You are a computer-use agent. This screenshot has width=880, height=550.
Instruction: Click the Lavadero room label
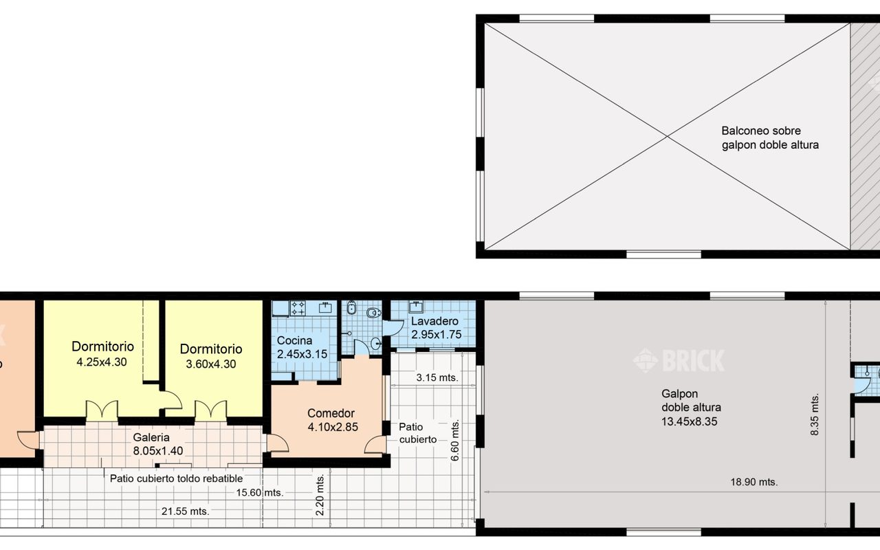coord(436,328)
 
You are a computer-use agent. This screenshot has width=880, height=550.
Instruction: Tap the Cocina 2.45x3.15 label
coord(302,347)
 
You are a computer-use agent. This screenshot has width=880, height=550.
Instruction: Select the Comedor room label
coord(332,420)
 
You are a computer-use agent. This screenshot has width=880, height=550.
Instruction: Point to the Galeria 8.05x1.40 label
coord(158,444)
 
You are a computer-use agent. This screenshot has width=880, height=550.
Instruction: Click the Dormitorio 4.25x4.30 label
coord(102,354)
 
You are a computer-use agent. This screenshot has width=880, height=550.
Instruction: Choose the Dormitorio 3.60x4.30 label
coord(211,356)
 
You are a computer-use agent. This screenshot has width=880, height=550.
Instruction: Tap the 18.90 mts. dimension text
coord(754,482)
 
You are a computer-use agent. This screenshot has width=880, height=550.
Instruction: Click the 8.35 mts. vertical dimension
coord(815,414)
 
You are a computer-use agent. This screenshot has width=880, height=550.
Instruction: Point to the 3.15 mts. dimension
coord(437,377)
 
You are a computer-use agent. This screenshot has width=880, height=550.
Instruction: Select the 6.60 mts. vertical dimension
coord(454,441)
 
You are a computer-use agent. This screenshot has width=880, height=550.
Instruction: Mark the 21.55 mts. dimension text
coord(186,511)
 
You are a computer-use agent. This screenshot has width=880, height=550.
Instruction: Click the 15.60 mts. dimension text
coord(260,493)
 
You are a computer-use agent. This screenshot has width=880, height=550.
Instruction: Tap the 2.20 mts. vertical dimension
coord(320,494)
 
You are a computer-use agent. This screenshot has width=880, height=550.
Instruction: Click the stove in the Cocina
coord(298,309)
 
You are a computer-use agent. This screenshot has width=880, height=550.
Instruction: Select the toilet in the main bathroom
coord(373,313)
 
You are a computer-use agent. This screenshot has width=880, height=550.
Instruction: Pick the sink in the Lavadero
coord(416,306)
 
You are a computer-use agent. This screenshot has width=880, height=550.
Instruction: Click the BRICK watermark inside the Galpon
coord(679,361)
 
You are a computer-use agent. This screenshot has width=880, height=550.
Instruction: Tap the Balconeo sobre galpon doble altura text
coord(770,138)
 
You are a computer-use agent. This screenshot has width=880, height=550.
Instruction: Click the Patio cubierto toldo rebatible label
coord(176,478)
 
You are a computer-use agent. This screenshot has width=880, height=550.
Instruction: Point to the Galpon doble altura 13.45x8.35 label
coord(691,408)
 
